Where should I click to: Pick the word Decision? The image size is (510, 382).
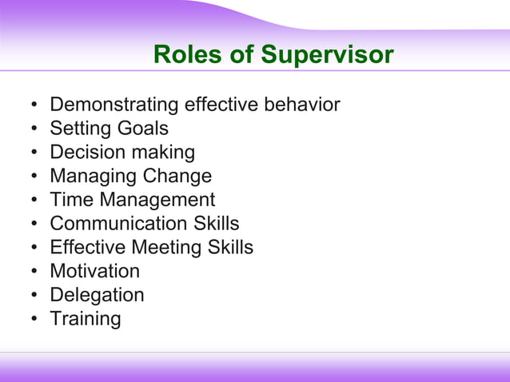pos(85,152)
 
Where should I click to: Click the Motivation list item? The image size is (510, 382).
pos(94,271)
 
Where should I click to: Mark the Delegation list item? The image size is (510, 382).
pos(97,295)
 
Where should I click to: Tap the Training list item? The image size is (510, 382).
pos(86,319)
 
